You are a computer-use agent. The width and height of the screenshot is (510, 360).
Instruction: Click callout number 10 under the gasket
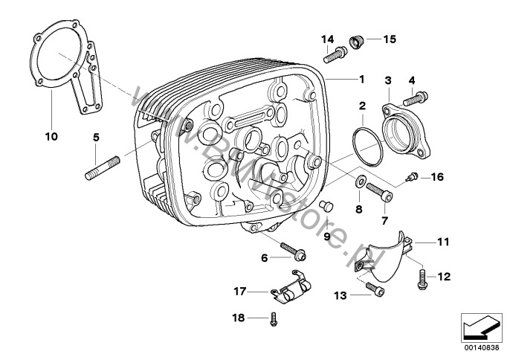51,137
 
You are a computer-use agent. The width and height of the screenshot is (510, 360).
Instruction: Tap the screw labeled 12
422,277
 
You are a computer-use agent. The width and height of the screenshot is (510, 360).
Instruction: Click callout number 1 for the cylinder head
361,79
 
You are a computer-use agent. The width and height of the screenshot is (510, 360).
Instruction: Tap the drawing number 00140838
477,348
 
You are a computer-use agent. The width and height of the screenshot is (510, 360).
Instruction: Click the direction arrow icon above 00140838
477,327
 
